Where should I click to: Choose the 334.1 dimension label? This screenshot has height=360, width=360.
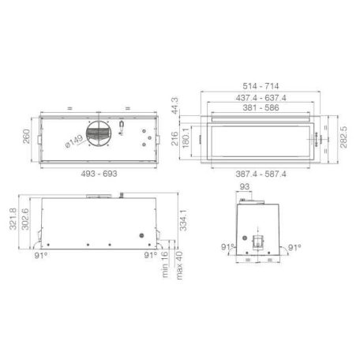[182, 223]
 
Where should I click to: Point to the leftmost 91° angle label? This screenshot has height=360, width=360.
[40, 256]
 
